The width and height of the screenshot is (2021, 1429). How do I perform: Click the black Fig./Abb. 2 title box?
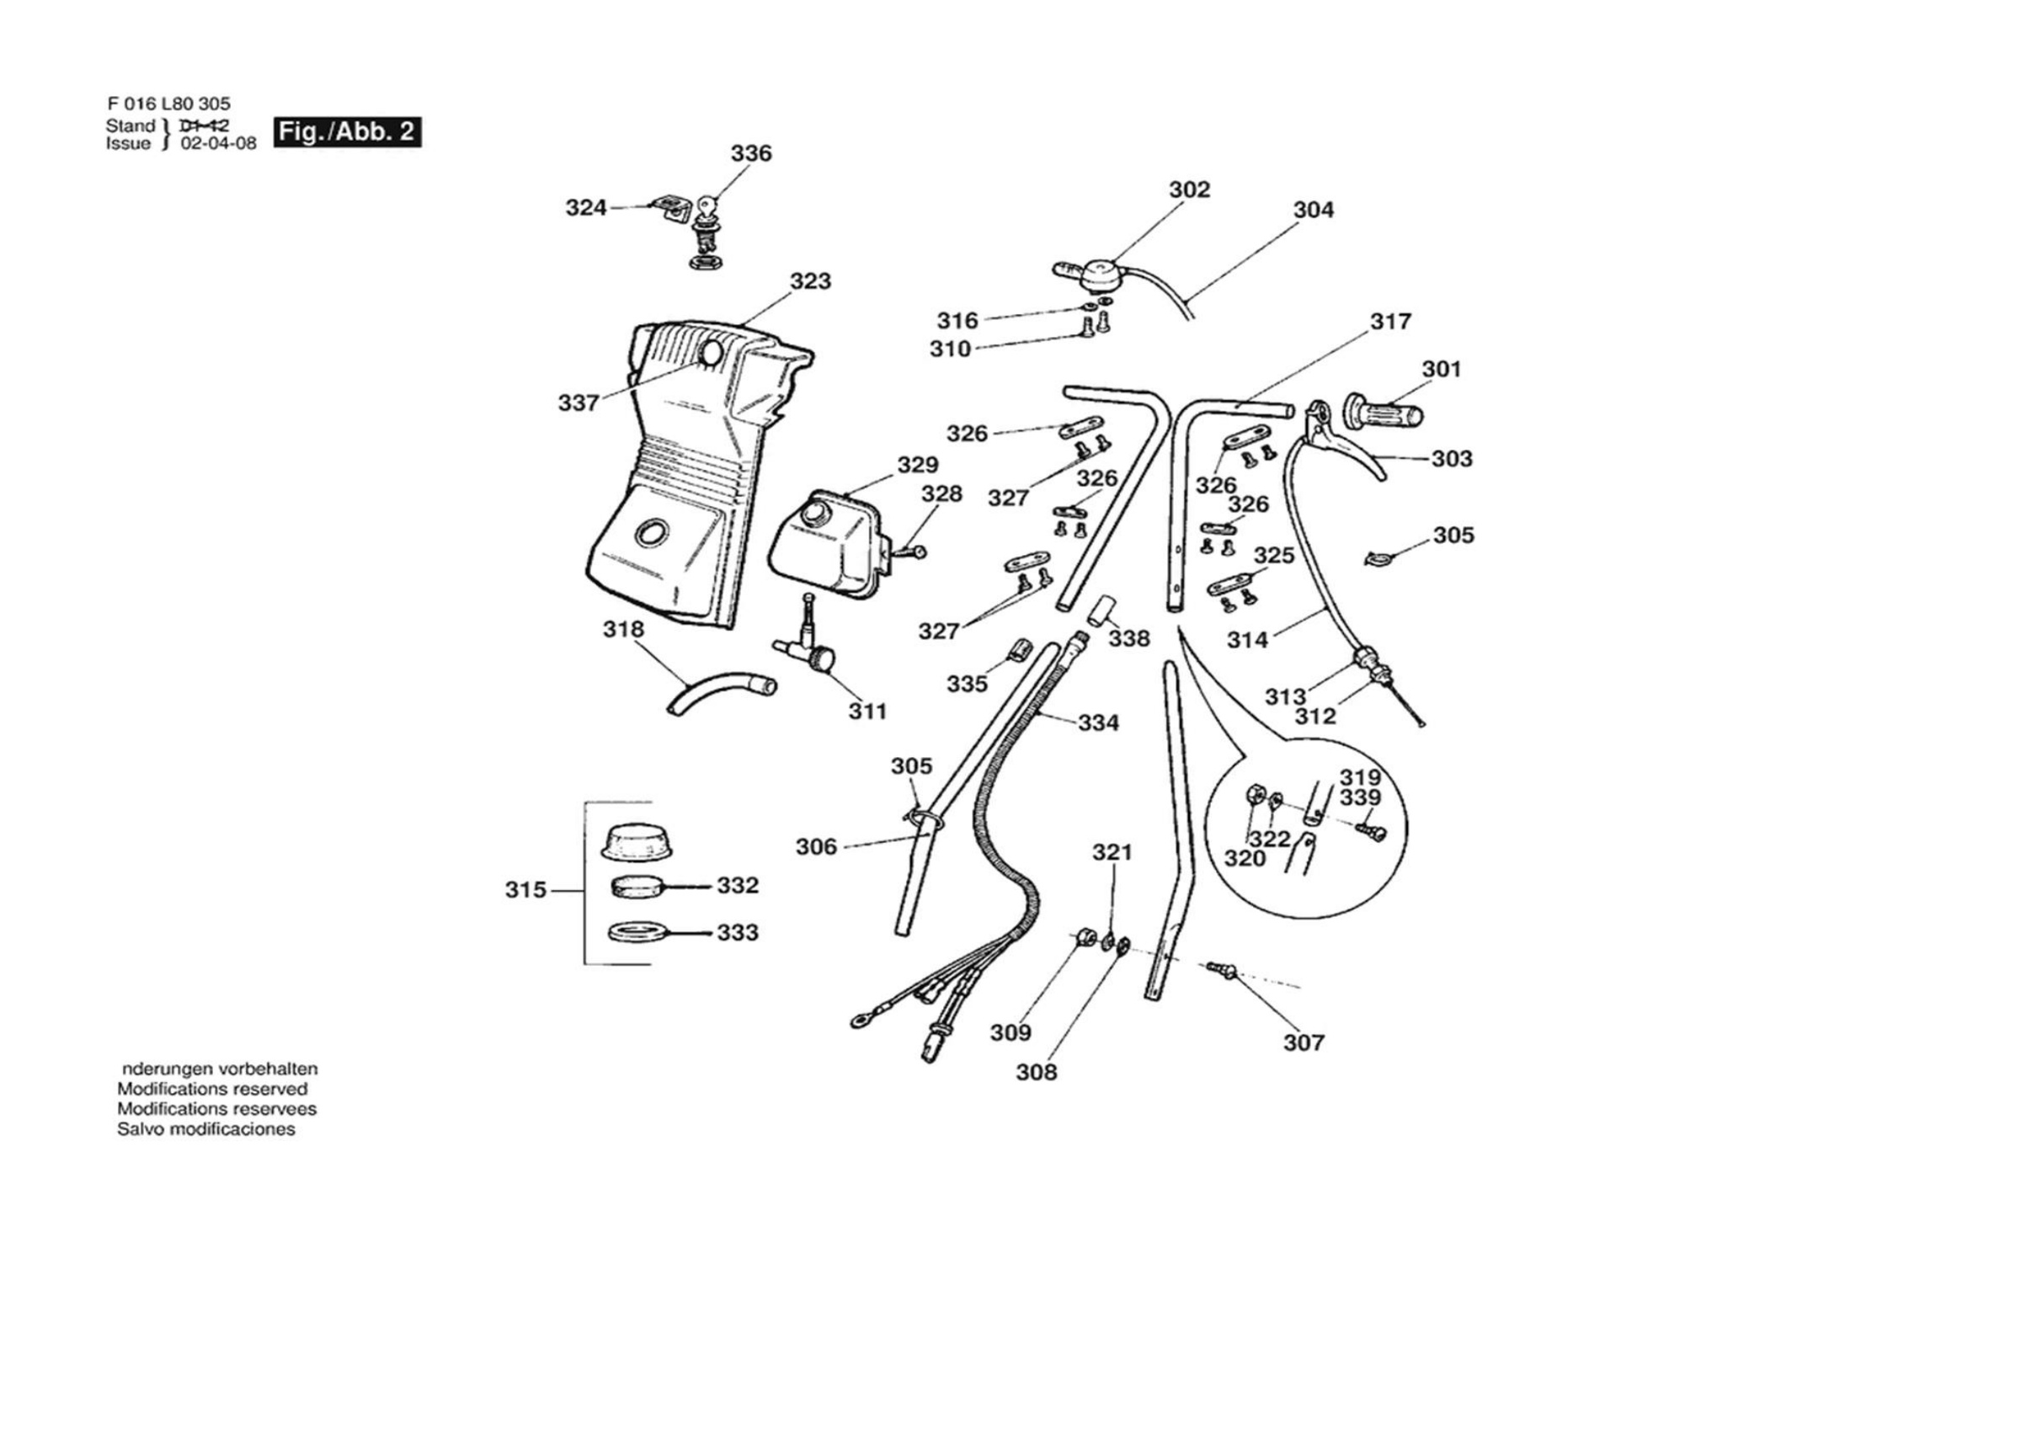347,132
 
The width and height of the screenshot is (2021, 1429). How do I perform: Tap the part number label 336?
751,153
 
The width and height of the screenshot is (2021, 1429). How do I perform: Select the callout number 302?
1189,189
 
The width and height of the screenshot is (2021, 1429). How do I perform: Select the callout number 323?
810,281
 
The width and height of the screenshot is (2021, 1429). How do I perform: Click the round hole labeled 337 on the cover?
710,355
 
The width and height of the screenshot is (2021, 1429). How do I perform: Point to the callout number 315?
525,890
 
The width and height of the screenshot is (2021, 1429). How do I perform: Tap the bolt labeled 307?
1222,969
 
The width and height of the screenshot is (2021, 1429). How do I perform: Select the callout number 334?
1099,722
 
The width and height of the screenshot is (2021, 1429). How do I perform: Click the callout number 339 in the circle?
1360,797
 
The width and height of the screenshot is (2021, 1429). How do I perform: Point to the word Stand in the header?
131,125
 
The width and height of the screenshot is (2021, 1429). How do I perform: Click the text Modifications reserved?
212,1089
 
